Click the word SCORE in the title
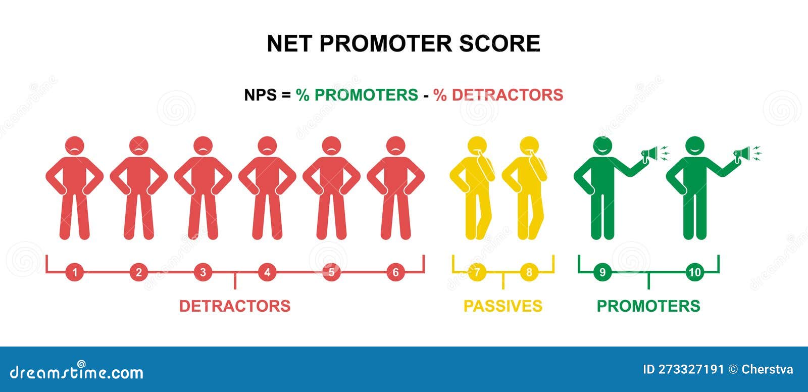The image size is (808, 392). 499,43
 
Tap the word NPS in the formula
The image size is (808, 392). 261,95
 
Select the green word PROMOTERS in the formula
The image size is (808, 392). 366,95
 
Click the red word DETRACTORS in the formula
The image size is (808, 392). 507,95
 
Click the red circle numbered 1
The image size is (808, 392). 75,272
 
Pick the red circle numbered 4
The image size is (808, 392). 267,272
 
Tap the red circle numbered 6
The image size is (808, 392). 396,272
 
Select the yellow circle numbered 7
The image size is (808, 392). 477,272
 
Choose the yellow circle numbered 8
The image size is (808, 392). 529,272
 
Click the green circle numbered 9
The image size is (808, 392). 602,272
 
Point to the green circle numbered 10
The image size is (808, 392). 695,272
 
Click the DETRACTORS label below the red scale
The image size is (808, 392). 235,306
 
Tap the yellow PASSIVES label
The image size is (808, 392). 503,306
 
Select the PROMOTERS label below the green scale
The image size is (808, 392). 648,306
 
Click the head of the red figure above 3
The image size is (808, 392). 203,146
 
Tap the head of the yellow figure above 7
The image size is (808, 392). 477,146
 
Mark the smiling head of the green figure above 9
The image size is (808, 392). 602,146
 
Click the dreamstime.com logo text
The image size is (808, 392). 76,372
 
